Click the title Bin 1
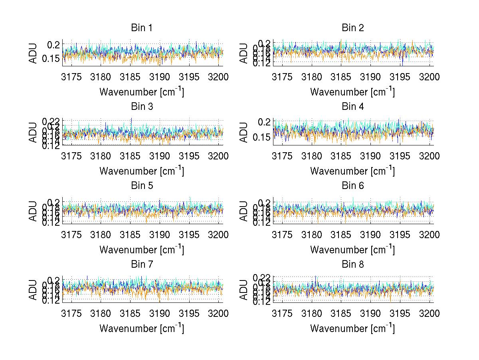pos(142,28)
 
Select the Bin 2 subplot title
pos(352,28)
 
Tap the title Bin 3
pos(142,107)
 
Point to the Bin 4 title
pos(352,107)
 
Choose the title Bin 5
pos(142,186)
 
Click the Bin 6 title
pos(352,186)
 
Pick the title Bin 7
pos(142,265)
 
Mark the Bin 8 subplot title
pos(352,265)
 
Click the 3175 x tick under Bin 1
pos(72,77)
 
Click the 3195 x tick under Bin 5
pos(189,235)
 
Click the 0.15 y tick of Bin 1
pos(51,59)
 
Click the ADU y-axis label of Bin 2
pos(244,53)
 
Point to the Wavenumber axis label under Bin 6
pos(352,250)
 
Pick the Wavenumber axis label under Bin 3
pos(142,171)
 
